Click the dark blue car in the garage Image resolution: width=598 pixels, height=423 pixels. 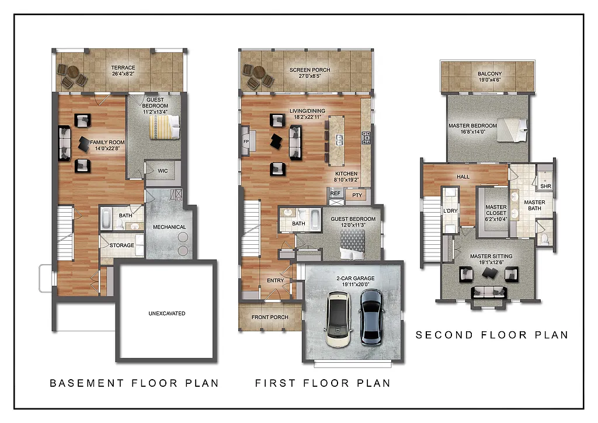[x=370, y=315]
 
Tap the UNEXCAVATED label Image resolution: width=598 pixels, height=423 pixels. [x=166, y=314]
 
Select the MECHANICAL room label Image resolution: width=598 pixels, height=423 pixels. [x=169, y=227]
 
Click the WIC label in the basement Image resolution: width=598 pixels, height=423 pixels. [x=163, y=171]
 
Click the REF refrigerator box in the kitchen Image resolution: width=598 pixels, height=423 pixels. [x=335, y=193]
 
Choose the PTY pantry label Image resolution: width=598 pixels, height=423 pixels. [x=357, y=195]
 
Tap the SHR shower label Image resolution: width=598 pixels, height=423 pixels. [x=545, y=186]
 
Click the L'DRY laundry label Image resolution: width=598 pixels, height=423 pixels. [x=450, y=210]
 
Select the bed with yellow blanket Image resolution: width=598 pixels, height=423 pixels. [x=164, y=127]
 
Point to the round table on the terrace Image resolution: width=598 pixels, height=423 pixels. [x=72, y=74]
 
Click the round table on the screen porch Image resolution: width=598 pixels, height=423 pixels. [x=258, y=74]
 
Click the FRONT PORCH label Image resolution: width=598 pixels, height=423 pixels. [x=269, y=317]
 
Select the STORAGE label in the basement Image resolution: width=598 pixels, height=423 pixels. [x=121, y=245]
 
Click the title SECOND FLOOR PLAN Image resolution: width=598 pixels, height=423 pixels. [x=492, y=335]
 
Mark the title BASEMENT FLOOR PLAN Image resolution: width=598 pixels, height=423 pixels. [x=134, y=383]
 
